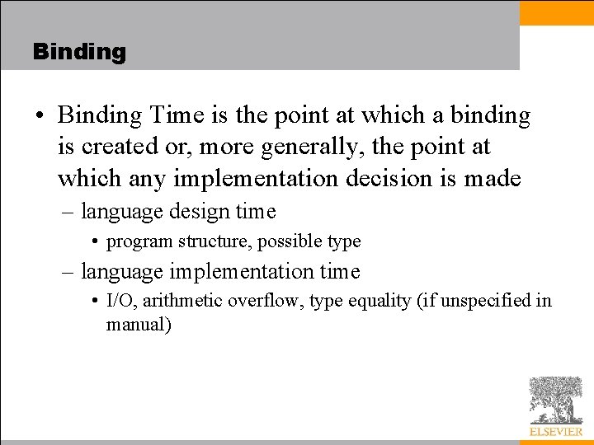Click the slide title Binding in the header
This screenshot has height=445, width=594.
pos(79,52)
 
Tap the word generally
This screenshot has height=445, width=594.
pos(318,148)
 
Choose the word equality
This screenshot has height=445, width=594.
pos(379,301)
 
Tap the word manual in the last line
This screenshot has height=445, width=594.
pos(135,325)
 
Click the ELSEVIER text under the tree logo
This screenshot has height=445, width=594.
pos(555,431)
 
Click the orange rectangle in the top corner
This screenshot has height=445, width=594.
pos(557,12)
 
